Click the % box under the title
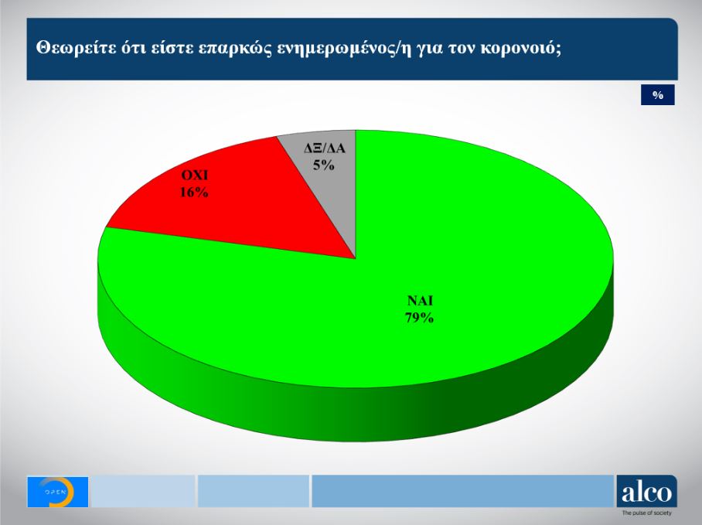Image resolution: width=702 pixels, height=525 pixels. coord(658,95)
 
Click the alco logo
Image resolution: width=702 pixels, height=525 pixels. coord(646,492)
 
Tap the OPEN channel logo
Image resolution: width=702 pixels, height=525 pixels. coord(58,492)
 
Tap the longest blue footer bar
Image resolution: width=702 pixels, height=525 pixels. coord(462,492)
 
